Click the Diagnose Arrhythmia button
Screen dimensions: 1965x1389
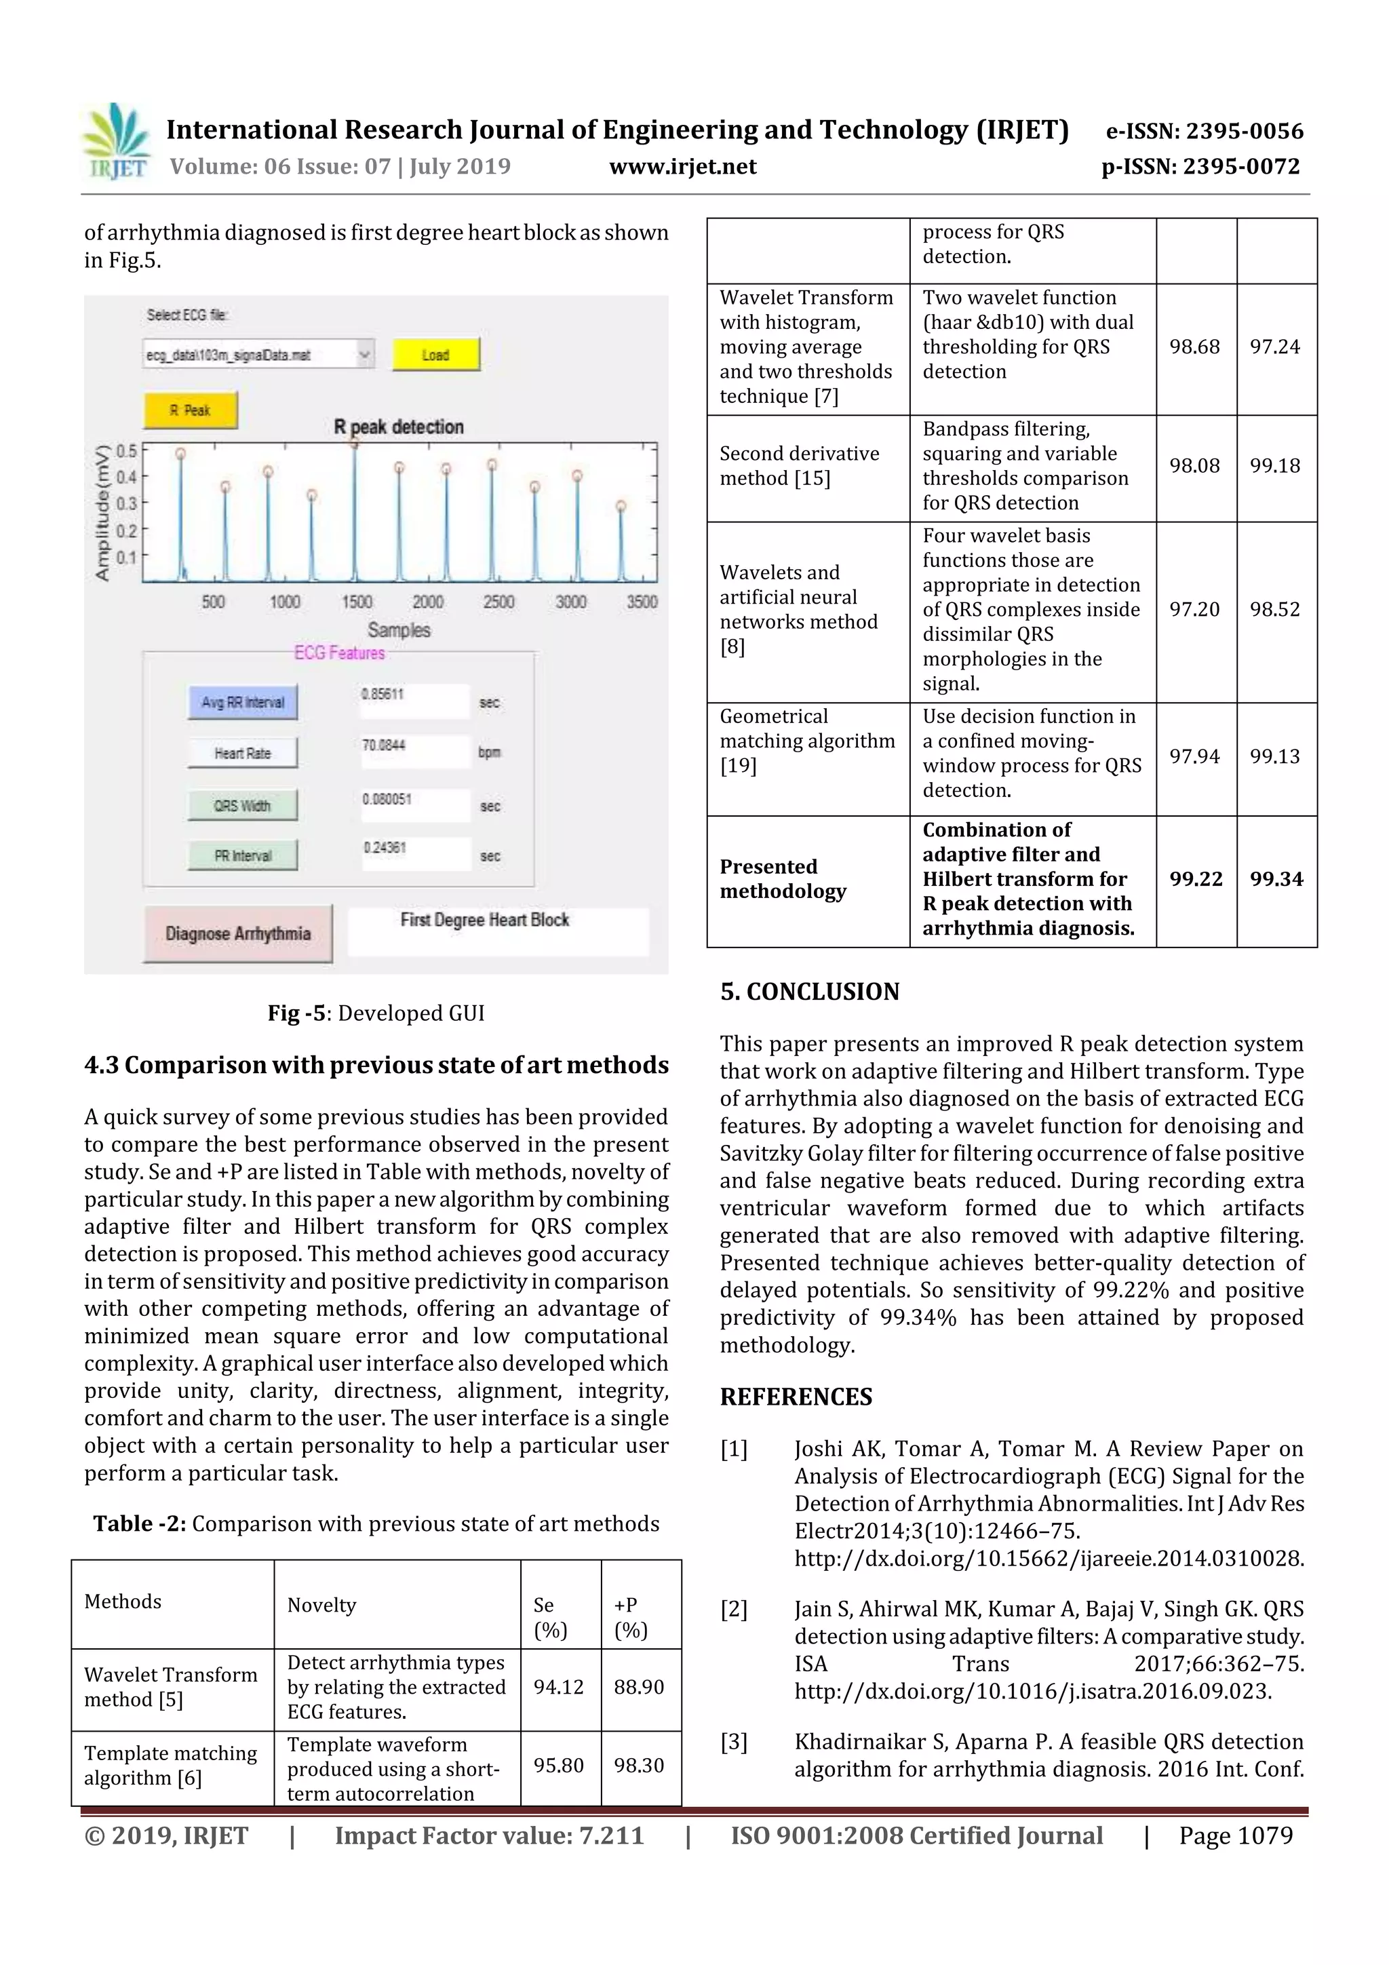pos(238,934)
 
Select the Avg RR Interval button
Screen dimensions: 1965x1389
pos(243,703)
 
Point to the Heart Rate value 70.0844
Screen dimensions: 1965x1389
pos(383,745)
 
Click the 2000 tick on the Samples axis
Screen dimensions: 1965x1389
pos(428,602)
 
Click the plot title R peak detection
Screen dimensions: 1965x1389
pos(399,426)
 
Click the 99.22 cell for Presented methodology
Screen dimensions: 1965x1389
pos(1196,879)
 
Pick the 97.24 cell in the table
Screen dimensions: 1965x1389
pos(1274,347)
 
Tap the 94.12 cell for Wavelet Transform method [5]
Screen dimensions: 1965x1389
pos(558,1687)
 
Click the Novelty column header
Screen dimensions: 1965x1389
pos(321,1605)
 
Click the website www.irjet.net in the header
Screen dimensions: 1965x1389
pos(682,166)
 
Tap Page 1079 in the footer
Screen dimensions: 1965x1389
pos(1235,1835)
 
